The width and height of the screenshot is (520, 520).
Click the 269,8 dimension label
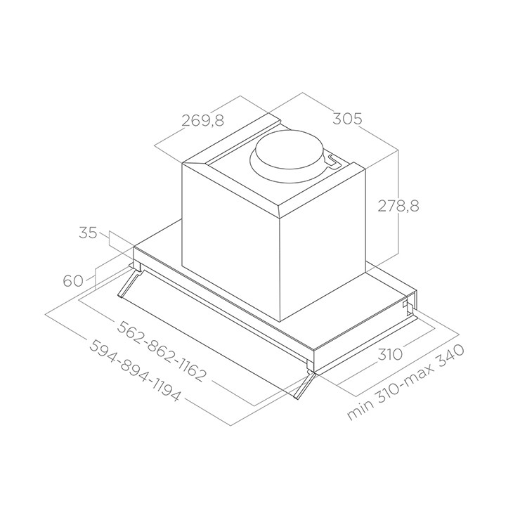pyautogui.click(x=203, y=120)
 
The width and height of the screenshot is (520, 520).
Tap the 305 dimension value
pyautogui.click(x=347, y=119)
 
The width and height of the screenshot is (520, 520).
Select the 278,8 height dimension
pyautogui.click(x=398, y=206)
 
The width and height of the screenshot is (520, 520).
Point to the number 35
pyautogui.click(x=89, y=233)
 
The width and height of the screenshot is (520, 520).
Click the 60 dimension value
pyautogui.click(x=73, y=281)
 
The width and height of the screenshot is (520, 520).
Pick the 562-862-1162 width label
pyautogui.click(x=162, y=351)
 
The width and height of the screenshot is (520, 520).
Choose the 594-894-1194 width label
pyautogui.click(x=135, y=370)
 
